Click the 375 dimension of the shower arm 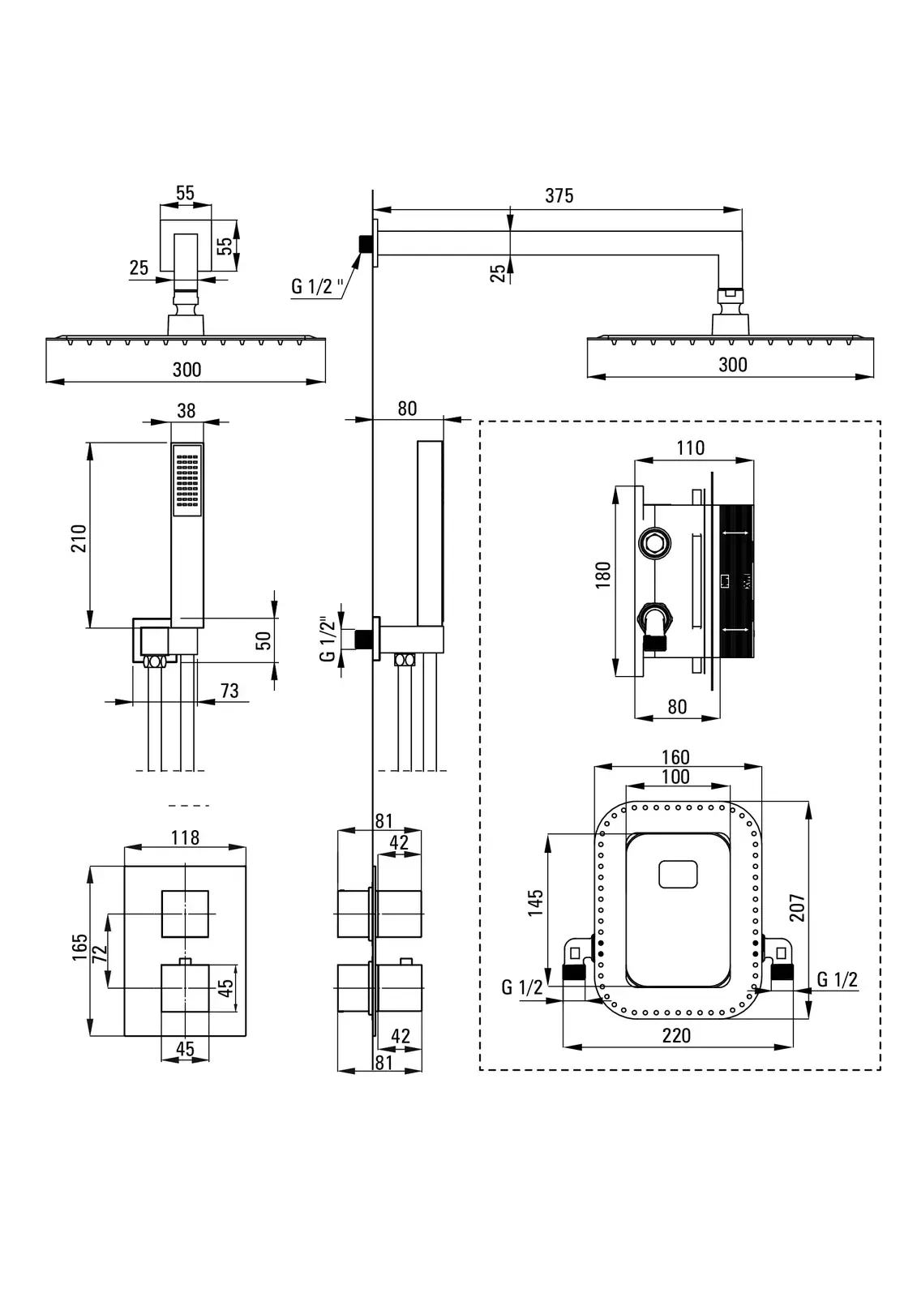coord(559,195)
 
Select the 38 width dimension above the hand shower coord(186,411)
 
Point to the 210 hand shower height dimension coord(79,538)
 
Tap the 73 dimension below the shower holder coord(229,690)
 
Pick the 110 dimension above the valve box coord(690,447)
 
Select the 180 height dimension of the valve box coord(603,574)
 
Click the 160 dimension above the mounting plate coord(675,757)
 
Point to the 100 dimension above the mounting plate coord(675,777)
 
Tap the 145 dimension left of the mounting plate coord(535,902)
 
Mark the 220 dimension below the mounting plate coord(676,1035)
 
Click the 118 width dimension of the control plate coord(185,837)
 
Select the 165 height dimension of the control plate coord(79,947)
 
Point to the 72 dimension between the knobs coord(99,952)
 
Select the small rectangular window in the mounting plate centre coord(678,875)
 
